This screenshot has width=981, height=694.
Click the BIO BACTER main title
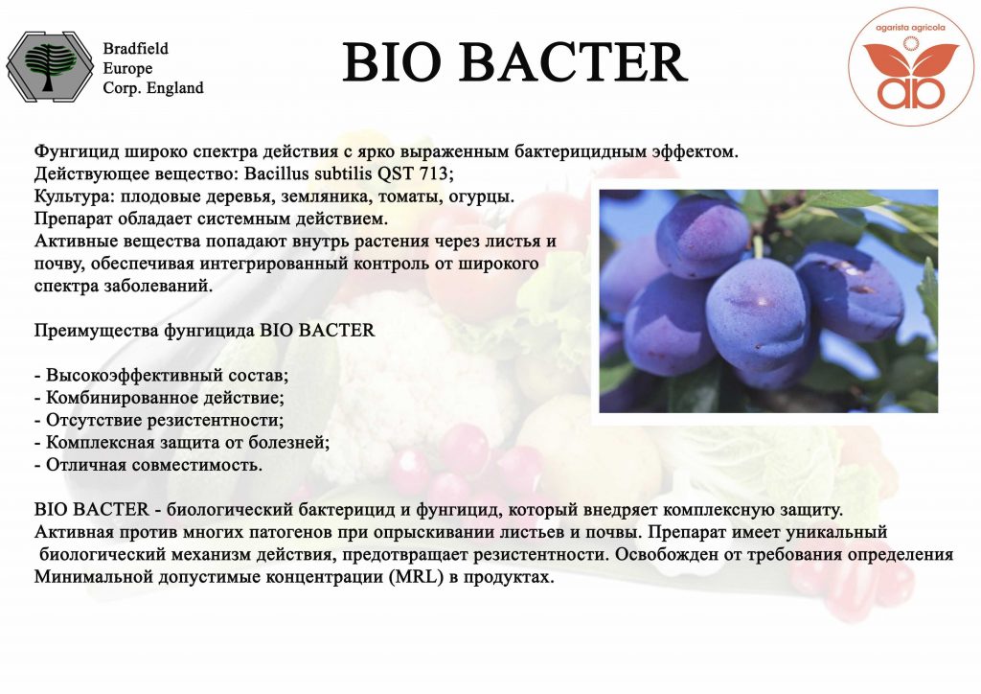tap(514, 62)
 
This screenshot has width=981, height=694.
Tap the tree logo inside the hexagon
tap(50, 67)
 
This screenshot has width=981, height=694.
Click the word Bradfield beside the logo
tap(136, 48)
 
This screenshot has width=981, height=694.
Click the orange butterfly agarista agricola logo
tap(910, 67)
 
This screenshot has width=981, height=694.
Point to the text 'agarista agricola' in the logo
tap(910, 28)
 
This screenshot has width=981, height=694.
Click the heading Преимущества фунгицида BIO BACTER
tap(205, 331)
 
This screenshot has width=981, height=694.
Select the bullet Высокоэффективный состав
tap(161, 376)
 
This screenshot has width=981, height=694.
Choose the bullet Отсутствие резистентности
tap(159, 420)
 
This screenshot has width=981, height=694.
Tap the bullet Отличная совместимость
tap(148, 465)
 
